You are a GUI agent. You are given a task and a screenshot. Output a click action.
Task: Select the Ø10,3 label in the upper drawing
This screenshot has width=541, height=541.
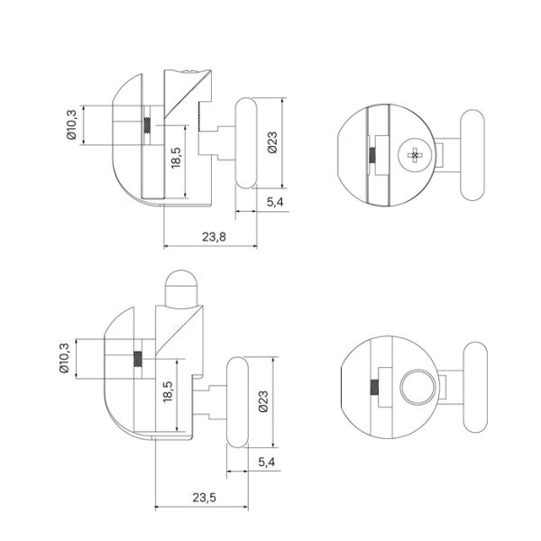tap(71, 125)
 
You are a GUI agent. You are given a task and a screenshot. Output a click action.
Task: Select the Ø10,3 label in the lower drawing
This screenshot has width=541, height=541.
tap(64, 358)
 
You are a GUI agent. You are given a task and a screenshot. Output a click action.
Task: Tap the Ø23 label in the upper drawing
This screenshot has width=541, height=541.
tap(271, 142)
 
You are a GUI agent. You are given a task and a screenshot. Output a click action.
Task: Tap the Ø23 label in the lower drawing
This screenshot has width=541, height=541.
tap(262, 401)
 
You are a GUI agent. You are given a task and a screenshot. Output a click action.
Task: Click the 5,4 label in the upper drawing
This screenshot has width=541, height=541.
tap(276, 203)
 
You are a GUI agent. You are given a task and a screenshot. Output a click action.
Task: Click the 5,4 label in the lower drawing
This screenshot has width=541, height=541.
tap(267, 463)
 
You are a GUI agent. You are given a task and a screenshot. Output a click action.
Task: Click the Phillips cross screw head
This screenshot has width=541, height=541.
tap(414, 156)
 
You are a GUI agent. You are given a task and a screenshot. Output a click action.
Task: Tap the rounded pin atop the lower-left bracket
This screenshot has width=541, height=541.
tap(180, 287)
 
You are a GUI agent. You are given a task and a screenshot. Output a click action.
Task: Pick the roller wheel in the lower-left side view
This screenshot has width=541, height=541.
tap(237, 401)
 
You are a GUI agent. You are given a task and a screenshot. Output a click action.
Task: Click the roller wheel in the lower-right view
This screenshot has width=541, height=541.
tap(475, 388)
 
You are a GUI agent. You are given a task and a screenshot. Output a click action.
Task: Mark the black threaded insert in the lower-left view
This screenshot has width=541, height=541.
tap(137, 358)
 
